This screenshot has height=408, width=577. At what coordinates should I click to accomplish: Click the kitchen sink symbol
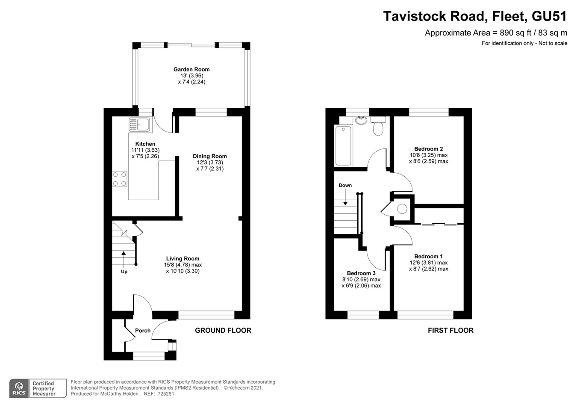139,124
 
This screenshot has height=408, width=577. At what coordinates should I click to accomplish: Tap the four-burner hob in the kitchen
119,179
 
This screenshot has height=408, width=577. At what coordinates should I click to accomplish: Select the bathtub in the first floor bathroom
343,145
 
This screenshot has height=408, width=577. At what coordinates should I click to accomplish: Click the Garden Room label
191,69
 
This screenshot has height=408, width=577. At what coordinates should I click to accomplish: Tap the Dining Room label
209,156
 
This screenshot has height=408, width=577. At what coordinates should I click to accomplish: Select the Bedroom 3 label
361,273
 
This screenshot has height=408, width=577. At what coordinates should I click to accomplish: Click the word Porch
143,331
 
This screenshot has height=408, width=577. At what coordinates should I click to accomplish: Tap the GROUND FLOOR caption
223,330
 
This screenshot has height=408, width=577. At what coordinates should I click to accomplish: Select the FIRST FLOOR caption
450,330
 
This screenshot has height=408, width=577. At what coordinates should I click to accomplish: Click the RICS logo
19,388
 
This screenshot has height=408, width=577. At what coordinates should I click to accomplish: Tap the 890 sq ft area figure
509,33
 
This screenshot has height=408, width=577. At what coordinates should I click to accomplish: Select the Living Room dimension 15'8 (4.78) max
183,265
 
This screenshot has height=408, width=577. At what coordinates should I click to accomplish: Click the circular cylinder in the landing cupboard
402,209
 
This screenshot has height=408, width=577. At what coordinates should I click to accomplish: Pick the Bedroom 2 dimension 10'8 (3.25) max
428,155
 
